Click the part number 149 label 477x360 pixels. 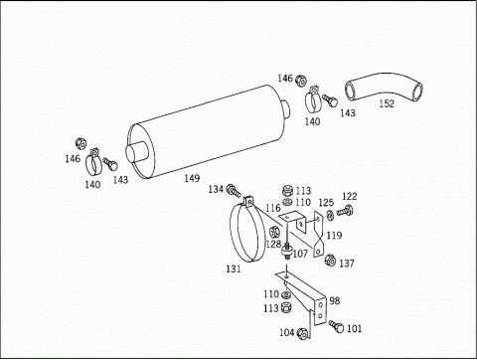(x=192, y=178)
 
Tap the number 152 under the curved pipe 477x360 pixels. (x=387, y=103)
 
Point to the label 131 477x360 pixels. (x=234, y=269)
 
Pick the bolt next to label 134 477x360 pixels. (x=234, y=191)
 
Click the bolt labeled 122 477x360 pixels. (x=345, y=211)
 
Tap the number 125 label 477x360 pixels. (x=326, y=203)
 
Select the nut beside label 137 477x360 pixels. (x=330, y=261)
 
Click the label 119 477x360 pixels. (x=334, y=236)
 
